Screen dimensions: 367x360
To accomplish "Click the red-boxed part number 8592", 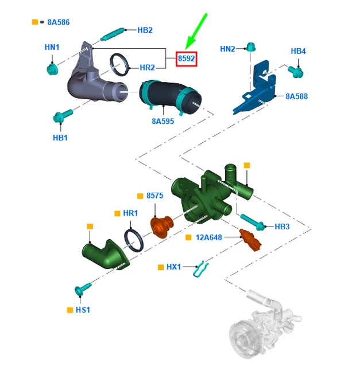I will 186,58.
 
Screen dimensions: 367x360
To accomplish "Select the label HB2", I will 145,30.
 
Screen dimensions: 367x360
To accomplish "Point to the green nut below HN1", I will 52,69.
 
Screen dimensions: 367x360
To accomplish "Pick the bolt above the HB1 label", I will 60,118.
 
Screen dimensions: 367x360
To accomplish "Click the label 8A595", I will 164,121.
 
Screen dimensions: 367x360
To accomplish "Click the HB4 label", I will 298,52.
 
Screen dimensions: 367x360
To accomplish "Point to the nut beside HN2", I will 251,48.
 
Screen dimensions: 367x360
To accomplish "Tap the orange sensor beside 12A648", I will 250,239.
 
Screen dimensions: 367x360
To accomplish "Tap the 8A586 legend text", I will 57,22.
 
